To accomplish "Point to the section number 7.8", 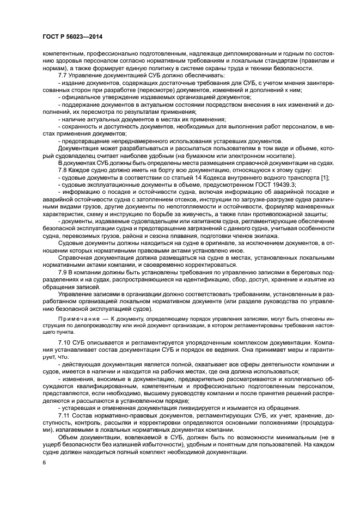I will (x=64, y=170).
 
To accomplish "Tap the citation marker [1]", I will (x=323, y=177).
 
